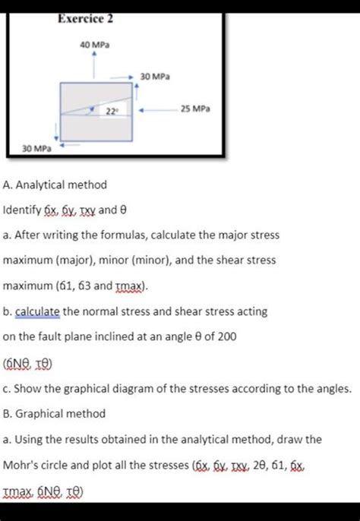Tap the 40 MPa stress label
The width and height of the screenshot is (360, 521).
tap(94, 46)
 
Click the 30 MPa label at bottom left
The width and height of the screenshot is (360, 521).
tap(36, 150)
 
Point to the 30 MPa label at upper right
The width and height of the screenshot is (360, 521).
tap(156, 77)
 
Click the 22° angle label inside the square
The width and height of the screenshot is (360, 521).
tap(111, 111)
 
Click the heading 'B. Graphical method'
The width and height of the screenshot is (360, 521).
tap(54, 414)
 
